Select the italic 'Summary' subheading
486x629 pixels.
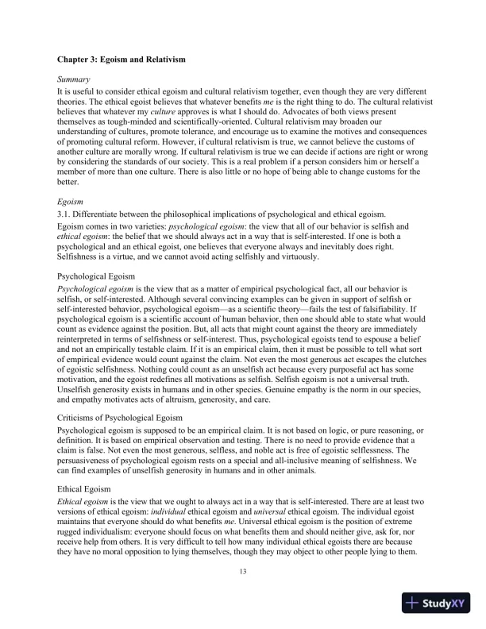tap(73, 80)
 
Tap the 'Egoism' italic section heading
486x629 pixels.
tap(71, 200)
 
